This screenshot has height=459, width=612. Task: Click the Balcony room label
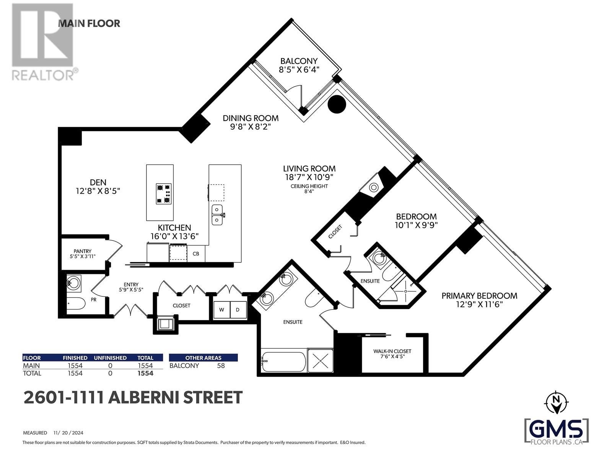point(299,61)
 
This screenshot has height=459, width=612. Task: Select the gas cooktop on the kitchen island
point(164,194)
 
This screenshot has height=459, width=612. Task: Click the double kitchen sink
point(217,215)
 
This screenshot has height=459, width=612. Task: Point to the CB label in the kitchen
point(196,254)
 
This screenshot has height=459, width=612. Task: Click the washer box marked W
point(221,310)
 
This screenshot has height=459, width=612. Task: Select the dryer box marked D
point(238,310)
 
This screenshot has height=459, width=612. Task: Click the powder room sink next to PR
point(73,283)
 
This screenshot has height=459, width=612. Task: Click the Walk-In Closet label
point(392,351)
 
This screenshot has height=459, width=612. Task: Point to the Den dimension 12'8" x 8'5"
point(98,191)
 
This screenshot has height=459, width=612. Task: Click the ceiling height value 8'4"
point(309,192)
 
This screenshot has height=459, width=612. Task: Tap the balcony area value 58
point(220,366)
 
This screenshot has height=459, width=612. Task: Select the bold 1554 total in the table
point(145,373)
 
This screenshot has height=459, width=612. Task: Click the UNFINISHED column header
point(110,358)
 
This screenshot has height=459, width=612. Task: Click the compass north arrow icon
point(557,403)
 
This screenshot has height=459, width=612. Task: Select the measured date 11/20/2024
point(68,433)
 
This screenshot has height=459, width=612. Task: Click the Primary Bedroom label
point(479,296)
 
